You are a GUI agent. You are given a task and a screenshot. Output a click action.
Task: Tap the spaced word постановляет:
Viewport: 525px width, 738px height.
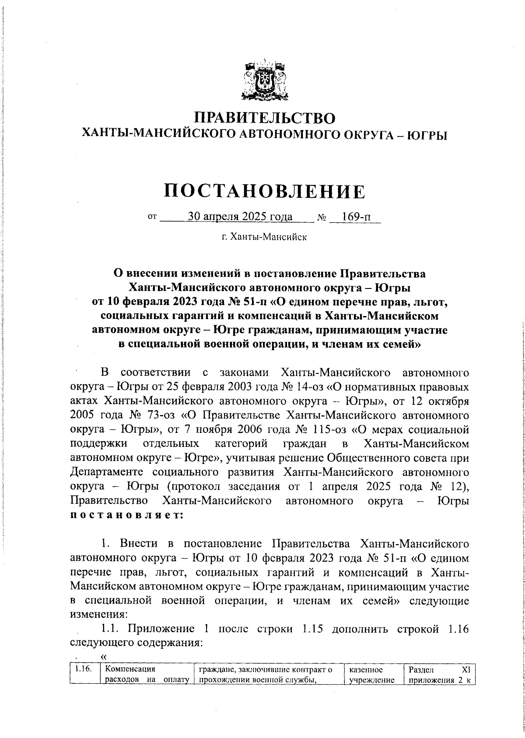(127, 515)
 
